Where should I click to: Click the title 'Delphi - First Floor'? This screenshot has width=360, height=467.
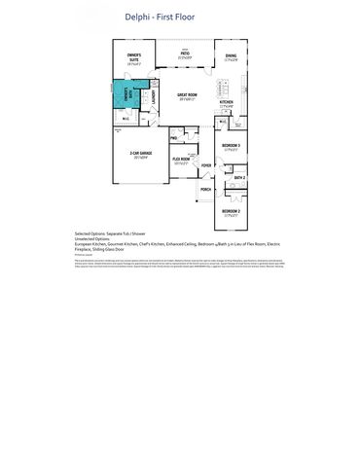[x=179, y=17]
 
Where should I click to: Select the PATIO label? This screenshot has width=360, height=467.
[x=184, y=54]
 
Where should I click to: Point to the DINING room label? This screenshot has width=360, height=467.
[x=231, y=56]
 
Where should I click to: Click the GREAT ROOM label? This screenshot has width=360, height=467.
[x=188, y=95]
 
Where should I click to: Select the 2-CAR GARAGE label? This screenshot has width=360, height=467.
[x=142, y=154]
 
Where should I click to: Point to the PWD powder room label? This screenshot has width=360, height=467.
[x=171, y=138]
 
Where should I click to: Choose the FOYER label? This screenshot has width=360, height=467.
[x=206, y=166]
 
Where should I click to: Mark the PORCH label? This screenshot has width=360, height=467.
[x=206, y=189]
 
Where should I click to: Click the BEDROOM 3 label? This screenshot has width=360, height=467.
[x=232, y=146]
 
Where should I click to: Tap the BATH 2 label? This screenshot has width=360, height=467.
[x=237, y=178]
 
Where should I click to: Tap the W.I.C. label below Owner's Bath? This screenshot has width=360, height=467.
[x=126, y=120]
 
